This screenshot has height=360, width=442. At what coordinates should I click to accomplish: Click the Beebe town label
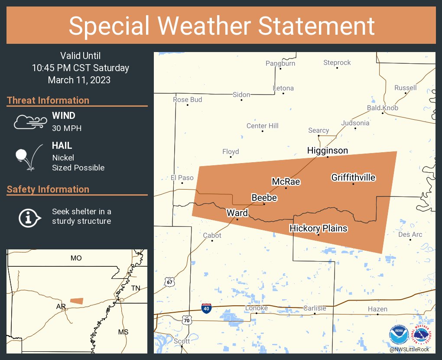264,198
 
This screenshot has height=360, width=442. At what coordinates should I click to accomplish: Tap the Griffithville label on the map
353,177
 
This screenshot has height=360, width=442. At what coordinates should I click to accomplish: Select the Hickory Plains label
318,228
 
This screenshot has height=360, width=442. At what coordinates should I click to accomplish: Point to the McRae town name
286,182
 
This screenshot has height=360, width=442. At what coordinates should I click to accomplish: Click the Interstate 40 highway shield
207,308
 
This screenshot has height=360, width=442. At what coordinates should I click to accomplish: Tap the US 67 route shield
169,282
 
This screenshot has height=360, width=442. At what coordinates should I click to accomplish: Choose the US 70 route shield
187,321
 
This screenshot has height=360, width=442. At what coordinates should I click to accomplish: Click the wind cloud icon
29,122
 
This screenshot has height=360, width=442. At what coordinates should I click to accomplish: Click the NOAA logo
399,335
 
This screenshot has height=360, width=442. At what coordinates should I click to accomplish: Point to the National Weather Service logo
422,335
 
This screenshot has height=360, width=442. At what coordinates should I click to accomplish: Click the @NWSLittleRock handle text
410,350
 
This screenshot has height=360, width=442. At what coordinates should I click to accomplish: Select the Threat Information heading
48,100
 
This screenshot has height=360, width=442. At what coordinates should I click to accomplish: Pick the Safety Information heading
48,189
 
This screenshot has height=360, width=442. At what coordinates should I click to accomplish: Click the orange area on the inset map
77,301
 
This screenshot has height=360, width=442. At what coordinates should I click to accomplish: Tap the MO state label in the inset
76,258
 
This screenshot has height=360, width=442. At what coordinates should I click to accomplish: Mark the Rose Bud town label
187,100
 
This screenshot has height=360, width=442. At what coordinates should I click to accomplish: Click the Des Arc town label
410,235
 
